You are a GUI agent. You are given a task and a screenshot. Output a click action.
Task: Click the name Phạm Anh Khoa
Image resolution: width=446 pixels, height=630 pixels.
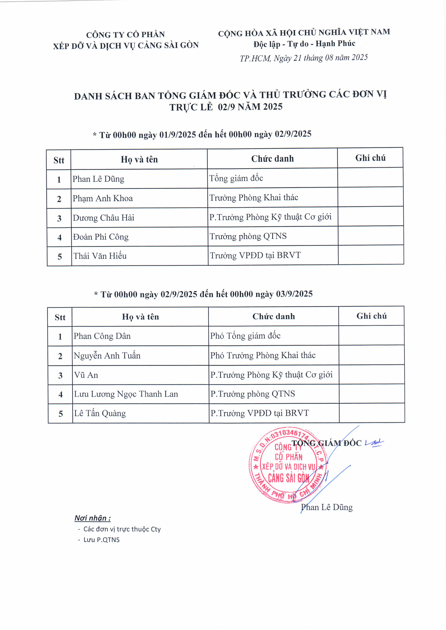pyautogui.click(x=103, y=198)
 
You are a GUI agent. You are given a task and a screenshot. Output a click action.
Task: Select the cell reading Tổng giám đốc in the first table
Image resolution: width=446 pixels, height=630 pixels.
pyautogui.click(x=236, y=178)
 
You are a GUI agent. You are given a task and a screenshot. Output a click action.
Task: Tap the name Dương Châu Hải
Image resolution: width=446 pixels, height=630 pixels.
pyautogui.click(x=103, y=218)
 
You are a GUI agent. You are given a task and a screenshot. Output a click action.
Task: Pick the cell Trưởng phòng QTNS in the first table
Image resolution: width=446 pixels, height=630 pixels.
pyautogui.click(x=248, y=236)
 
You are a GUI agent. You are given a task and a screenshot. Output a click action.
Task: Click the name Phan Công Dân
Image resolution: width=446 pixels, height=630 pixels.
pyautogui.click(x=102, y=336)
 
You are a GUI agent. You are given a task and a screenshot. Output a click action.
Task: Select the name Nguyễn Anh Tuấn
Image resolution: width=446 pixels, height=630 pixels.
pyautogui.click(x=107, y=356)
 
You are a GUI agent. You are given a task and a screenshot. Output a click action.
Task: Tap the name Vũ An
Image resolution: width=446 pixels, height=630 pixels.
pyautogui.click(x=86, y=375)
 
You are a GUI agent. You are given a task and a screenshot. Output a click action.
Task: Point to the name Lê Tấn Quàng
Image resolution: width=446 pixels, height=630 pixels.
pyautogui.click(x=100, y=414)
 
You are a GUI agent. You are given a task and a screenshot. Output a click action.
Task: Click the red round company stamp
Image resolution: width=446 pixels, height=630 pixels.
pyautogui.click(x=288, y=465)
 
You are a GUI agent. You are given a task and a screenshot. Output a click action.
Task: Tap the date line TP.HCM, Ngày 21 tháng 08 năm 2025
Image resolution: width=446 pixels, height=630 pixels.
pyautogui.click(x=304, y=58)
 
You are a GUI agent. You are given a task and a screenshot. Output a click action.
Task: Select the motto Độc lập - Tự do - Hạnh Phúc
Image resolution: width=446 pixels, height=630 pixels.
pyautogui.click(x=304, y=44)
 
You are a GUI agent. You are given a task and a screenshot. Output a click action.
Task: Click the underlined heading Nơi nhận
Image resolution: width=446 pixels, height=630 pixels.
pyautogui.click(x=93, y=518)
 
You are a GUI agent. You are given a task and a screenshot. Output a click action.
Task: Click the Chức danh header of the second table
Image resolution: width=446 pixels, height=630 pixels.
pyautogui.click(x=273, y=316)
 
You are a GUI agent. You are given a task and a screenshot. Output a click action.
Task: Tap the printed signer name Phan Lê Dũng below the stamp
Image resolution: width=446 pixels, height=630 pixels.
pyautogui.click(x=327, y=507)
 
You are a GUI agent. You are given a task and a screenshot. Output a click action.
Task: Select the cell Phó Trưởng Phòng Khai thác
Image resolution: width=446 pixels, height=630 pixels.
pyautogui.click(x=263, y=355)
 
